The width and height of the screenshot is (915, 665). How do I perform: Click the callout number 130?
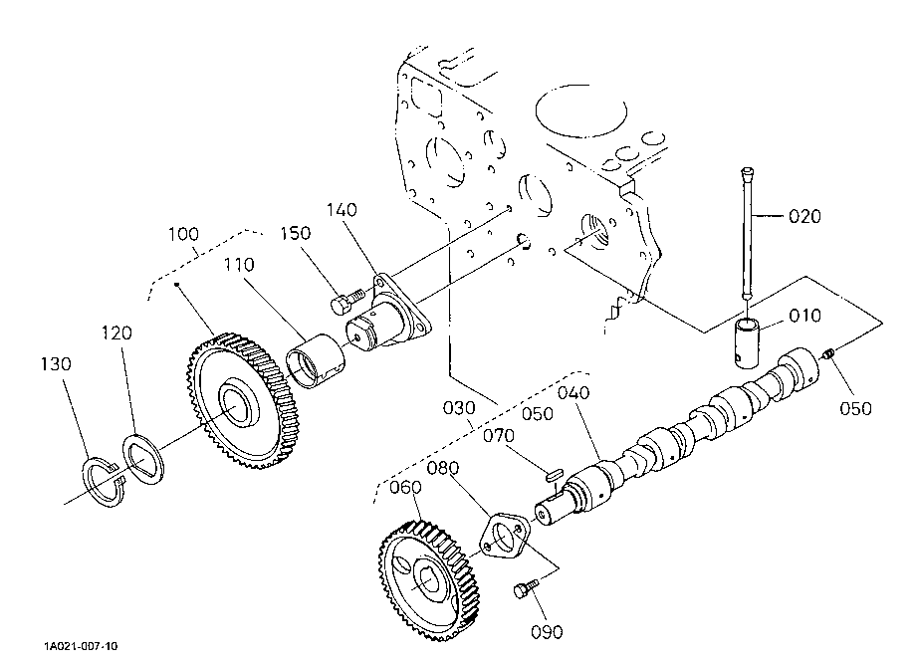(56, 364)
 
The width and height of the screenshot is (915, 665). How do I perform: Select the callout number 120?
(116, 333)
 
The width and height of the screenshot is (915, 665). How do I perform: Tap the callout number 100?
(183, 235)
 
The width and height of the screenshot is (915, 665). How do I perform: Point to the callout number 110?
(239, 265)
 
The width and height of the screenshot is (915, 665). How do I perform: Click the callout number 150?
(296, 233)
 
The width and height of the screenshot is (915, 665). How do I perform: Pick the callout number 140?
(342, 210)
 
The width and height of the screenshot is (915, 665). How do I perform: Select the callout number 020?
(804, 216)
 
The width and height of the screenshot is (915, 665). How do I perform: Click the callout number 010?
(804, 316)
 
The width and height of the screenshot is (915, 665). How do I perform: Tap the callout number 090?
(547, 632)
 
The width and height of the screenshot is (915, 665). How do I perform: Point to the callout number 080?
(442, 468)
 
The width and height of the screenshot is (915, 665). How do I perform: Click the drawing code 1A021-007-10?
(81, 646)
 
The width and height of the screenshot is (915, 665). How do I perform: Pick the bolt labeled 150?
(346, 301)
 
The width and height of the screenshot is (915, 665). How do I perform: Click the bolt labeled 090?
(526, 588)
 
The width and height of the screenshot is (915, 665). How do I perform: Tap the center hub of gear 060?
(430, 579)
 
